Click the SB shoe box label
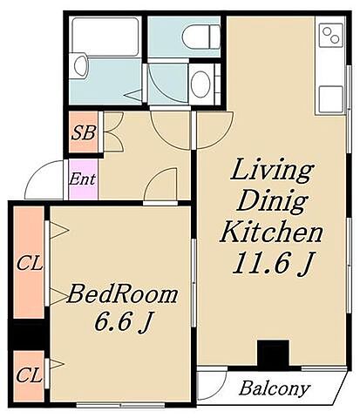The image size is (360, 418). [84, 133]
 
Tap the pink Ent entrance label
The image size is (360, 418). [82, 179]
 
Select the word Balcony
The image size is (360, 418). [275, 388]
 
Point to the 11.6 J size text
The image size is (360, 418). [274, 263]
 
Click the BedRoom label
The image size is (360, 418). [122, 294]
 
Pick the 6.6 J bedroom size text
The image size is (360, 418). [123, 321]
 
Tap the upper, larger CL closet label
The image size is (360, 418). [30, 264]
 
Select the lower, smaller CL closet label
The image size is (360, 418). [29, 375]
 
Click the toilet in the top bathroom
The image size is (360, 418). [201, 37]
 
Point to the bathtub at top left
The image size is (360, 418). [105, 37]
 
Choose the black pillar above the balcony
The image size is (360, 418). [273, 354]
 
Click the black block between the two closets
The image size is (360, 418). [28, 334]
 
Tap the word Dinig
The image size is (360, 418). [272, 202]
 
